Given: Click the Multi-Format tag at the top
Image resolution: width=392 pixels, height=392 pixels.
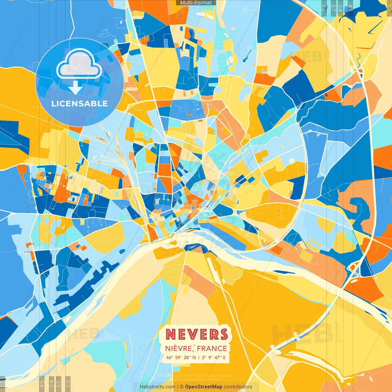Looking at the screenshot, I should (x=196, y=3).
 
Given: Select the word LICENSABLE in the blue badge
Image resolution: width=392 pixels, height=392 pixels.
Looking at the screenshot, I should (x=80, y=104).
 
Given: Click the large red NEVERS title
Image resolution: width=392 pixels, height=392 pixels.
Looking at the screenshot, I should (x=197, y=334).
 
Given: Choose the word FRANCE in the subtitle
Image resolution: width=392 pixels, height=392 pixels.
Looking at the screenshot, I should (x=212, y=349).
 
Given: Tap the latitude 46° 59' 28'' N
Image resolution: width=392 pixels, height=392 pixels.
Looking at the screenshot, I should (x=181, y=357).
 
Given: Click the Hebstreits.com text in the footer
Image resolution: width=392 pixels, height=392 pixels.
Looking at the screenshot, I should (x=157, y=387).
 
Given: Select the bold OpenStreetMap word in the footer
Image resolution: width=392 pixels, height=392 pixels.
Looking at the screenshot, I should (x=204, y=387).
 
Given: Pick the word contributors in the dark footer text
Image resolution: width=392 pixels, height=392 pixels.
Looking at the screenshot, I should (x=238, y=387).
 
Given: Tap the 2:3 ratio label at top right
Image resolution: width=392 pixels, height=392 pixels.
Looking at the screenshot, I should (x=324, y=8).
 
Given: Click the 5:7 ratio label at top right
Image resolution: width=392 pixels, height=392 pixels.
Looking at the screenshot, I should (x=333, y=8).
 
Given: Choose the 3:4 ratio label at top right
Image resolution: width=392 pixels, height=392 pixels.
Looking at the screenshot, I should (x=341, y=8).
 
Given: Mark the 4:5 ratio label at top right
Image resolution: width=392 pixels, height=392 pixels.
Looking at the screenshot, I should (x=350, y=8).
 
